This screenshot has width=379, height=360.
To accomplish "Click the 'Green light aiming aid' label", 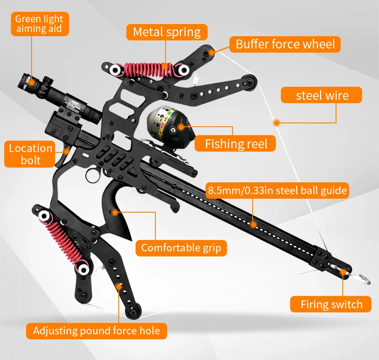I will click(39, 24).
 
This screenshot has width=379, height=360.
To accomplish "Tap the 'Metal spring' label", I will click(167, 32).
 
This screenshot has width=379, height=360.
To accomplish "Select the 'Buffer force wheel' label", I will click(285, 44).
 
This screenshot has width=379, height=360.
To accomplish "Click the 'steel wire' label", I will click(322, 95).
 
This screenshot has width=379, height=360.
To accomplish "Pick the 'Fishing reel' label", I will click(236, 144).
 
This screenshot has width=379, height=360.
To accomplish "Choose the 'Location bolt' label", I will click(30, 154).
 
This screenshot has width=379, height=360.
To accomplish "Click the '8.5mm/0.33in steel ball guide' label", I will click(278, 191).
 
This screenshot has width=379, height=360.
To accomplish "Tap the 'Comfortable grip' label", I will click(181, 248).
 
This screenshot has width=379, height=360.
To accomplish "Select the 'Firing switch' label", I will click(331, 304).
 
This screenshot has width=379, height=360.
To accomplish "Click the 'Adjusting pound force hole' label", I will click(96, 331).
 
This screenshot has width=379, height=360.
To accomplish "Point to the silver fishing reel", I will click(166, 123).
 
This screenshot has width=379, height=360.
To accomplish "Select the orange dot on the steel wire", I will click(276, 123).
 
